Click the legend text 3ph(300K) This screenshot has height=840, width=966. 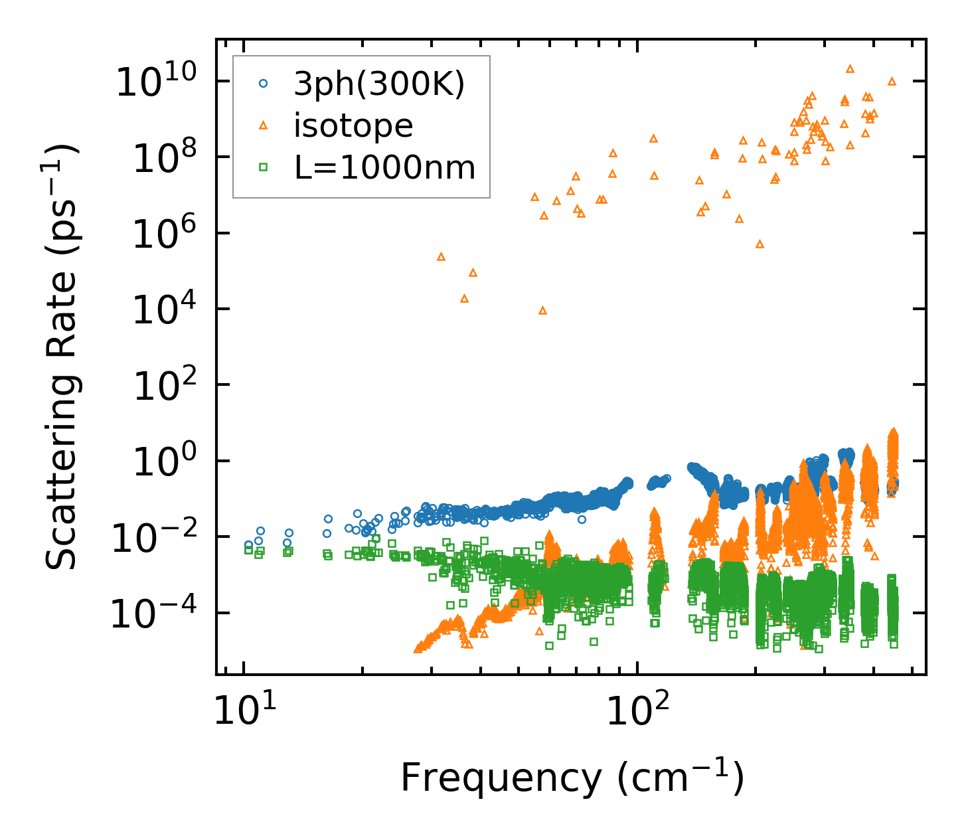coord(380,84)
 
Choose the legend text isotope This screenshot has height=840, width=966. coord(353,126)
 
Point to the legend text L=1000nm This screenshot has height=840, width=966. coord(385,168)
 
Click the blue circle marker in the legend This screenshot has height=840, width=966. coord(263,84)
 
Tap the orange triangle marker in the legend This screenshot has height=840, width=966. coord(263,125)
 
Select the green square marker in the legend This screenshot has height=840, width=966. coord(263,167)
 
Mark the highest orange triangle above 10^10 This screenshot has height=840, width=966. coord(850,68)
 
